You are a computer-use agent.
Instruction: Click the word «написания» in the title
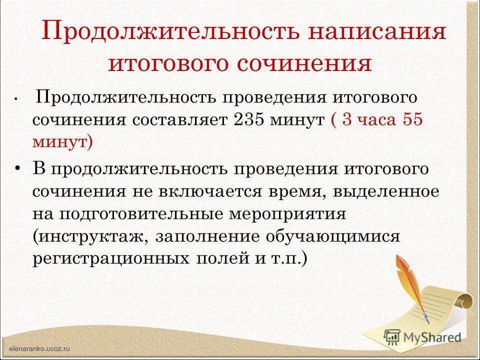tap(377, 32)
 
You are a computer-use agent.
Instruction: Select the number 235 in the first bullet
tap(248, 119)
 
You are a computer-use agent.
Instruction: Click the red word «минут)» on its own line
tap(62, 142)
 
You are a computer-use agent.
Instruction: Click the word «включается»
tap(210, 192)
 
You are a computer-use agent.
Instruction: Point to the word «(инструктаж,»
tap(90, 237)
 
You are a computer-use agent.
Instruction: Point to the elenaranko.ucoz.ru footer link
tap(40, 348)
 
